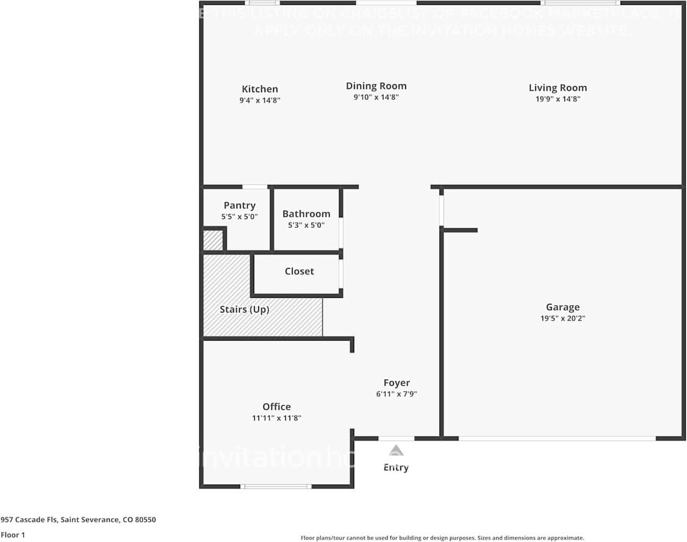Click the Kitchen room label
coord(260,89)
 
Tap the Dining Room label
coord(376,86)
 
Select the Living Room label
coord(557,88)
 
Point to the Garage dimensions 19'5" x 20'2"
coord(562,318)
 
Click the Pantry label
coord(240,206)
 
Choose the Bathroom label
coord(306,214)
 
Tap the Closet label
coord(299,271)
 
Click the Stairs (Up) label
coord(244,309)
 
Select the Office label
coord(276,406)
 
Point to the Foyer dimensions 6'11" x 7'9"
coord(396,394)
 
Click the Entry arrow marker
coord(396,451)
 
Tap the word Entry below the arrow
coord(396,468)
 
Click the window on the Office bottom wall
coord(276,486)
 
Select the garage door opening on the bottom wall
coord(557,438)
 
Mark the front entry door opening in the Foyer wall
coord(396,438)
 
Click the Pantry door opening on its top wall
coord(255,187)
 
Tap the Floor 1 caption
coord(12,535)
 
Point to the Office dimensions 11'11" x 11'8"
coord(276,418)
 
